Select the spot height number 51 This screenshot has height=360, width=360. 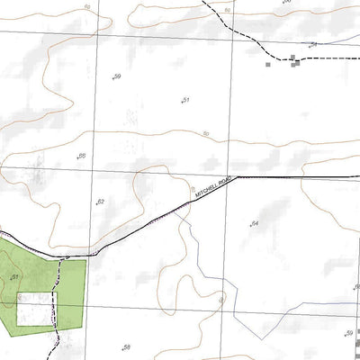click(x=186, y=100)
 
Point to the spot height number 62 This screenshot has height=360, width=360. click(x=101, y=202)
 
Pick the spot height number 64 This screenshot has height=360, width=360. click(x=255, y=222)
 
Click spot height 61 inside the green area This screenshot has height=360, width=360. click(x=15, y=278)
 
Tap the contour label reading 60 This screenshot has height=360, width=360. click(x=87, y=6)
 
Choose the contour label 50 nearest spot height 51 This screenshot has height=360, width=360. click(x=206, y=134)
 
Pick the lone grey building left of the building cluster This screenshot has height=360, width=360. click(x=267, y=64)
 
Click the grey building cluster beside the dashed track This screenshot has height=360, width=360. click(x=294, y=60)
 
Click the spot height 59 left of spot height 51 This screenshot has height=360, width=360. click(x=118, y=76)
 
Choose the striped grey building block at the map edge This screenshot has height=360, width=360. click(x=357, y=342)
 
